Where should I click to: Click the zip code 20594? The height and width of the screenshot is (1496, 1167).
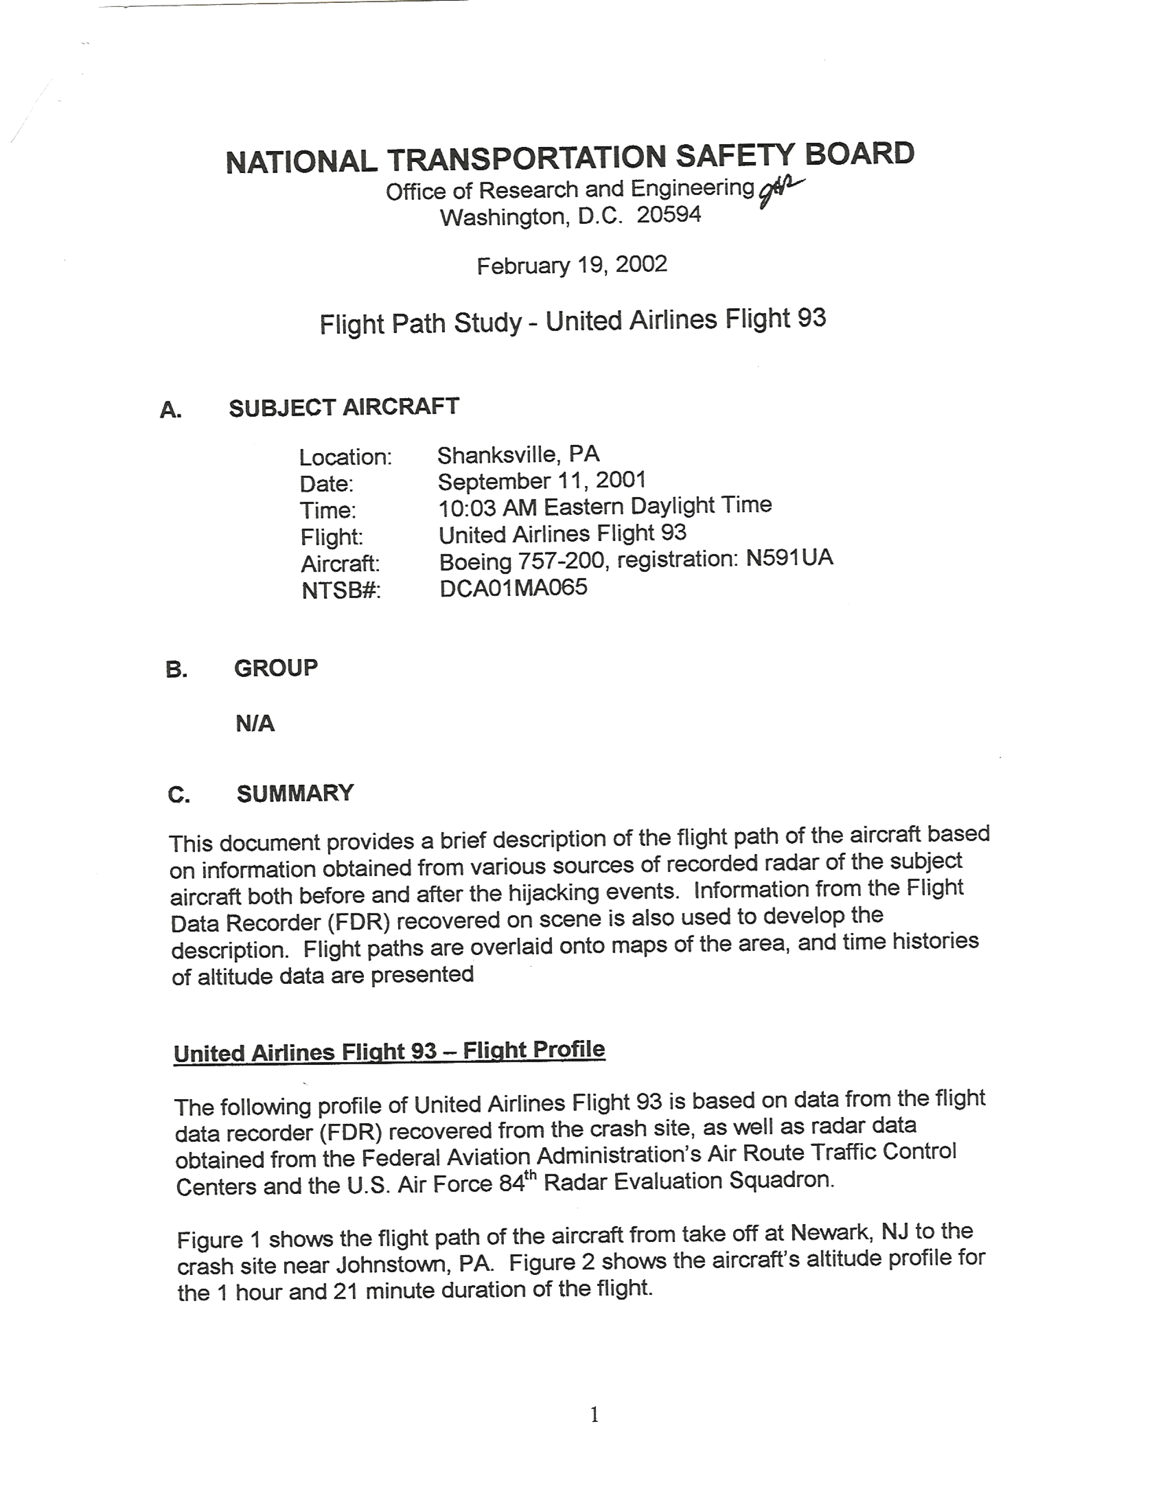669,215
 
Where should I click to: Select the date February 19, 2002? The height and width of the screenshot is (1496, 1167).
572,265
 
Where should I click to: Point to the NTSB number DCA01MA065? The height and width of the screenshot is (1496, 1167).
513,588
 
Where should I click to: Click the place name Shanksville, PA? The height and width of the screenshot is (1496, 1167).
519,454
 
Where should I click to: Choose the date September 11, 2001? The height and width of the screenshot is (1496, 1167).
542,481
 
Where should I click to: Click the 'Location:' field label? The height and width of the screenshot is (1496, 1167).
345,457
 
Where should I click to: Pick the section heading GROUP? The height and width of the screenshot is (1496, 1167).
276,668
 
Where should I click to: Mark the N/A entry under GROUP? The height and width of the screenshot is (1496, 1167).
255,724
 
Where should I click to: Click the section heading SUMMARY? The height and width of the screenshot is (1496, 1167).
295,793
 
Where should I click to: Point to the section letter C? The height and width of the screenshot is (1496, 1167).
179,795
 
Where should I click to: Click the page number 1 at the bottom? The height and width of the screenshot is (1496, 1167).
594,1415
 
